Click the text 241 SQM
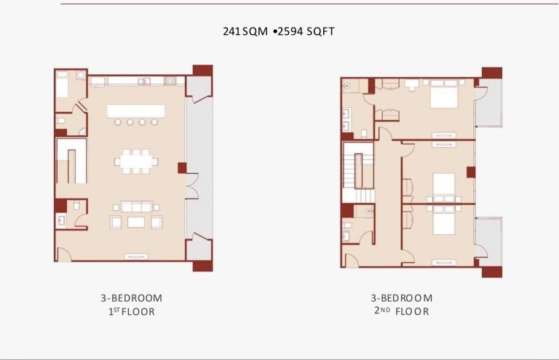pyautogui.click(x=245, y=31)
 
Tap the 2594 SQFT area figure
pyautogui.click(x=306, y=31)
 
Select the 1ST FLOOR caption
pyautogui.click(x=132, y=311)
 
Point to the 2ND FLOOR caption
pyautogui.click(x=402, y=311)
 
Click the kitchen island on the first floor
pyautogui.click(x=136, y=111)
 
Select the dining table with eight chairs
pyautogui.click(x=136, y=161)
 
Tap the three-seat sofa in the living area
pyautogui.click(x=137, y=207)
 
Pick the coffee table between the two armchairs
pyautogui.click(x=136, y=223)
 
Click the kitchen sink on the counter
pyautogui.click(x=144, y=81)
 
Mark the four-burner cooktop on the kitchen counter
pyautogui.click(x=170, y=81)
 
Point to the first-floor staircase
pyautogui.click(x=71, y=161)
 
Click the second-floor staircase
pyautogui.click(x=358, y=172)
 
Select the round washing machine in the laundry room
pyautogui.click(x=81, y=75)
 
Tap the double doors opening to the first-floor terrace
pyautogui.click(x=192, y=186)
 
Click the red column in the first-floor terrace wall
pyautogui.click(x=182, y=168)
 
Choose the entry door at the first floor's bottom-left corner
pyautogui.click(x=65, y=254)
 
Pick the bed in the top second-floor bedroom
pyautogui.click(x=444, y=94)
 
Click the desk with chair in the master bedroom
pyautogui.click(x=412, y=85)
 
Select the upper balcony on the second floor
pyautogui.click(x=489, y=103)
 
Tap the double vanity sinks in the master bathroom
pyautogui.click(x=346, y=120)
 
